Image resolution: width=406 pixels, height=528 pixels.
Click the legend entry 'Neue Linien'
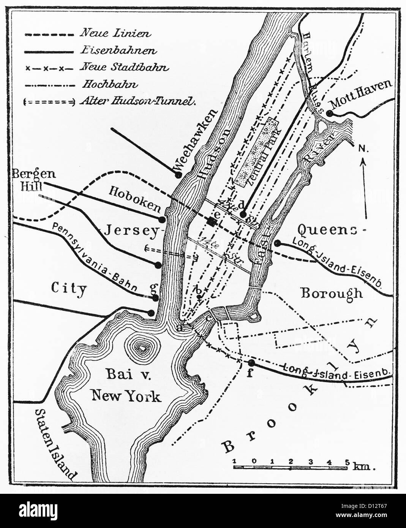click(115, 33)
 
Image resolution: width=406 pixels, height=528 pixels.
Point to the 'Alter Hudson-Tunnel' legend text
click(138, 101)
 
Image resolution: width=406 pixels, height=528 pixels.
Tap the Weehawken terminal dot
click(178, 175)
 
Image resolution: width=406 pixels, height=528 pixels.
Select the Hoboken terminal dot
click(162, 219)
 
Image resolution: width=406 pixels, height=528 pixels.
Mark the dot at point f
click(251, 363)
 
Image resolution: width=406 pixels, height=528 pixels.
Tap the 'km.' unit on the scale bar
click(363, 466)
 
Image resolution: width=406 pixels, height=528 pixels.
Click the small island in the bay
click(142, 347)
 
